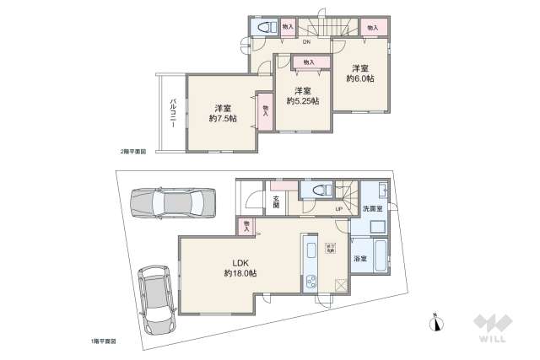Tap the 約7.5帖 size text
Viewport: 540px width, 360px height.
point(223,119)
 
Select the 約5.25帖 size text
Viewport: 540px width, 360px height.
point(302,101)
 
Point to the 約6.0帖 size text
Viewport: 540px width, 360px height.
point(360,79)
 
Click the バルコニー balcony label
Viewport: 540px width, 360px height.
point(172,113)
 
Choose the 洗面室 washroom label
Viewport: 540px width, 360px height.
point(372,207)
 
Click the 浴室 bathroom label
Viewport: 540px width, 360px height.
point(360,258)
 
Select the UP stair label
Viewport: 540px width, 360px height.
point(338,209)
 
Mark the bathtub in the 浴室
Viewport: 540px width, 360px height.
point(381,257)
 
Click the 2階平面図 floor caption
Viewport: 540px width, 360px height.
point(132,152)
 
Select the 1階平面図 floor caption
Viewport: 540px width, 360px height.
point(103,341)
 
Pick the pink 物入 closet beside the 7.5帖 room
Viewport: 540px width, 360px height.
point(265,110)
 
